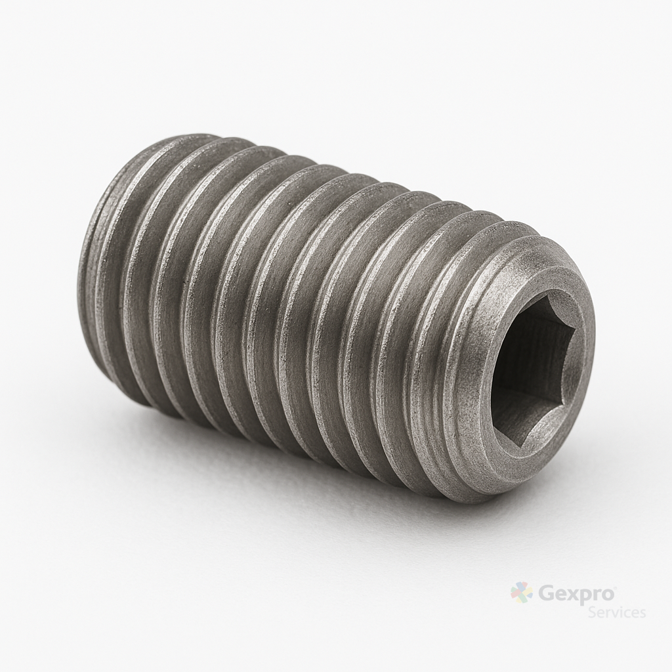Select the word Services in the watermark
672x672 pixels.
click(617, 612)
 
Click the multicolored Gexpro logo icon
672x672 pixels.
click(522, 593)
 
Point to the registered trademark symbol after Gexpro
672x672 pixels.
click(615, 587)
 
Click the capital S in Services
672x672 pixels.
click(593, 612)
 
